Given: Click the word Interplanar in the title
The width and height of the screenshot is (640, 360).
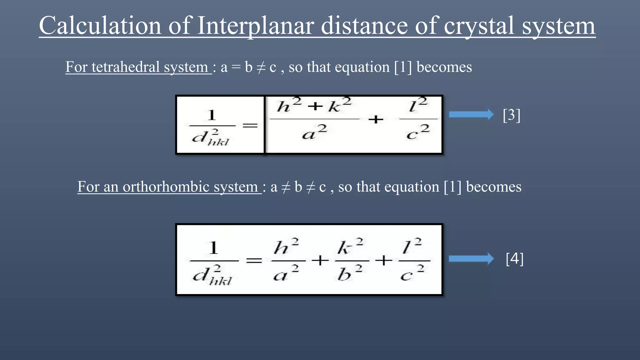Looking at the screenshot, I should (256, 26).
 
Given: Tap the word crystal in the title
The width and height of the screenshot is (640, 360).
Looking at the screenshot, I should (479, 26).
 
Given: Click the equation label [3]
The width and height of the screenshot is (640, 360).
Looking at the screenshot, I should (512, 115).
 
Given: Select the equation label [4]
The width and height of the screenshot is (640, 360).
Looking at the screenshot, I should (514, 259).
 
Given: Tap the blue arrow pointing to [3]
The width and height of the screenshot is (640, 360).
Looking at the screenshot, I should (471, 115).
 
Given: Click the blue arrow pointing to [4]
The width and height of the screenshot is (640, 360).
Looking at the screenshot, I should (471, 259).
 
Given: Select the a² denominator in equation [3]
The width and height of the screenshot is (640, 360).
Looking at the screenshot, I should (314, 132).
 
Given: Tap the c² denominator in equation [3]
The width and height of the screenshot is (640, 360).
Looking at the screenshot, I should (418, 132).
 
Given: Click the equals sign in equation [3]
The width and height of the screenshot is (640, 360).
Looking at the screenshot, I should (250, 126).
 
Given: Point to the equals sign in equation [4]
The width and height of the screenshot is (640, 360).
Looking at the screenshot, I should (254, 260).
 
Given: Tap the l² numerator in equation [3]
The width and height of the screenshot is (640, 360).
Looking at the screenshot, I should (418, 105).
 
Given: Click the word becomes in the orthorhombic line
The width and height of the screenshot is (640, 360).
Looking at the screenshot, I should (493, 187).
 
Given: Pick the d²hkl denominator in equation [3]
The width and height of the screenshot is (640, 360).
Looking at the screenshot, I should (210, 138).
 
